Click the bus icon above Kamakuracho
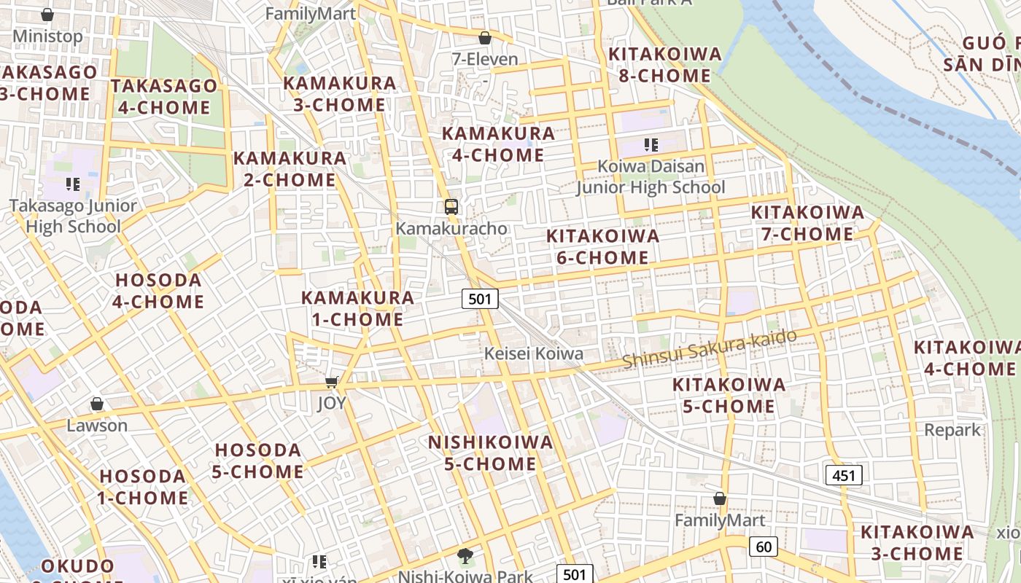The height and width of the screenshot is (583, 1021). [x=451, y=206]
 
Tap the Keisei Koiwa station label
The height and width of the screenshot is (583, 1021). [x=535, y=353]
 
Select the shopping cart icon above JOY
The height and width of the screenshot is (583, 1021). [x=332, y=382]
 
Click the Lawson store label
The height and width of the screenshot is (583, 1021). [x=97, y=425]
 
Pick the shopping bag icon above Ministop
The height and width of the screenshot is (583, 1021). [x=47, y=15]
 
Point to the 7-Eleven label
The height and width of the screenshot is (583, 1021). [x=485, y=59]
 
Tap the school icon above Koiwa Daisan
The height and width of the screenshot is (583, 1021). [x=651, y=145]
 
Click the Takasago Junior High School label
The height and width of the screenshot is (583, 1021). [x=73, y=216]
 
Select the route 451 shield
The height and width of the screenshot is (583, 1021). [x=844, y=475]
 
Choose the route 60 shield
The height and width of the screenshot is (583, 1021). [x=764, y=546]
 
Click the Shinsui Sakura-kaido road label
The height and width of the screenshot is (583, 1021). [x=709, y=348]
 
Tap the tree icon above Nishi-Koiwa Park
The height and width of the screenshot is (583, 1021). [x=465, y=557]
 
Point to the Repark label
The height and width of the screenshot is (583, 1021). [x=952, y=430]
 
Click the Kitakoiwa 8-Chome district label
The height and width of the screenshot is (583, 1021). [x=664, y=65]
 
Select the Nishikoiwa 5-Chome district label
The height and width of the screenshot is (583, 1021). [x=490, y=453]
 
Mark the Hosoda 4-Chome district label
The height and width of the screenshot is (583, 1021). [x=158, y=290]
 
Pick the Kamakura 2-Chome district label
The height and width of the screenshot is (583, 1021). [x=290, y=168]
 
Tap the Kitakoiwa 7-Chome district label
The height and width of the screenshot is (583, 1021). [x=807, y=223]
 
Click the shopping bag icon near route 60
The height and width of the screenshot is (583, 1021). [x=720, y=499]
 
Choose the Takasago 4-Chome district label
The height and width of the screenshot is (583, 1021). [x=164, y=96]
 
